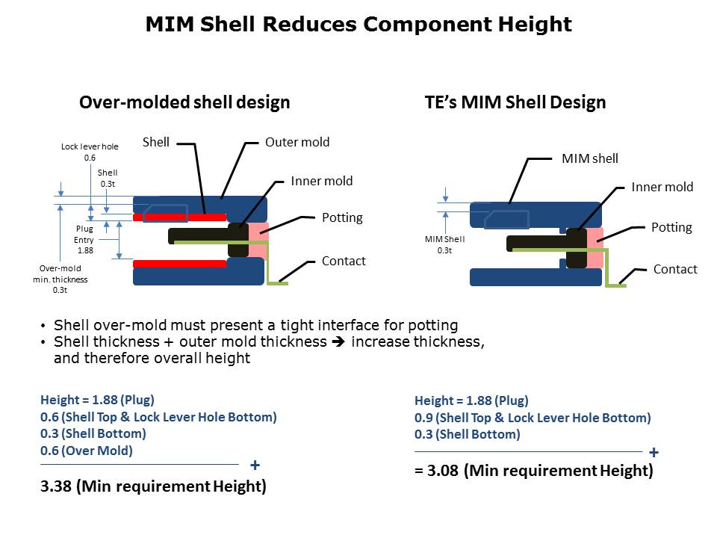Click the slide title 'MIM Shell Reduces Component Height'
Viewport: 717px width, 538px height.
(358, 24)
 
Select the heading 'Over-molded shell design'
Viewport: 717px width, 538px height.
(184, 102)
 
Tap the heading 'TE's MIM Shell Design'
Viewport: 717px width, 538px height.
(515, 102)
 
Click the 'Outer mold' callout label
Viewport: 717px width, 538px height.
(297, 142)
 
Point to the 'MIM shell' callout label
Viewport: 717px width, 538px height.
(590, 158)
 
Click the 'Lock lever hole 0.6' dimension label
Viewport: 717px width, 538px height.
(90, 152)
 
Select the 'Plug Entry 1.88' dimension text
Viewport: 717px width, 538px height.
(84, 239)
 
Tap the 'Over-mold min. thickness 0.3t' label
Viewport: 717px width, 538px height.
(60, 279)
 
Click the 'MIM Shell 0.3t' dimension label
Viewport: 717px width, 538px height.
(444, 245)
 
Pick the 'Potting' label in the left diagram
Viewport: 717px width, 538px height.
(342, 217)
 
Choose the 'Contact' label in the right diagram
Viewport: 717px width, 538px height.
(675, 269)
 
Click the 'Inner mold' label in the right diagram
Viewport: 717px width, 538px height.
(662, 187)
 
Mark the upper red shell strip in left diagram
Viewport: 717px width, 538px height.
(180, 217)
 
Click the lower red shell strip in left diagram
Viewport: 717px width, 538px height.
(180, 264)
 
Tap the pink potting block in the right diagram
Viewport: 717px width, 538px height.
(595, 247)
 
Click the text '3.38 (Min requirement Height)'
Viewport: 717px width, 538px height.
(153, 486)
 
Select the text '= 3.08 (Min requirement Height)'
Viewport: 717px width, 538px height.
(533, 470)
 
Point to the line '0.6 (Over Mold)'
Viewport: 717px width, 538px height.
(87, 451)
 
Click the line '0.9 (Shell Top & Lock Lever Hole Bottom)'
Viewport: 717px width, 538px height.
(533, 418)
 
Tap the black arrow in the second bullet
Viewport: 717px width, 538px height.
(338, 341)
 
